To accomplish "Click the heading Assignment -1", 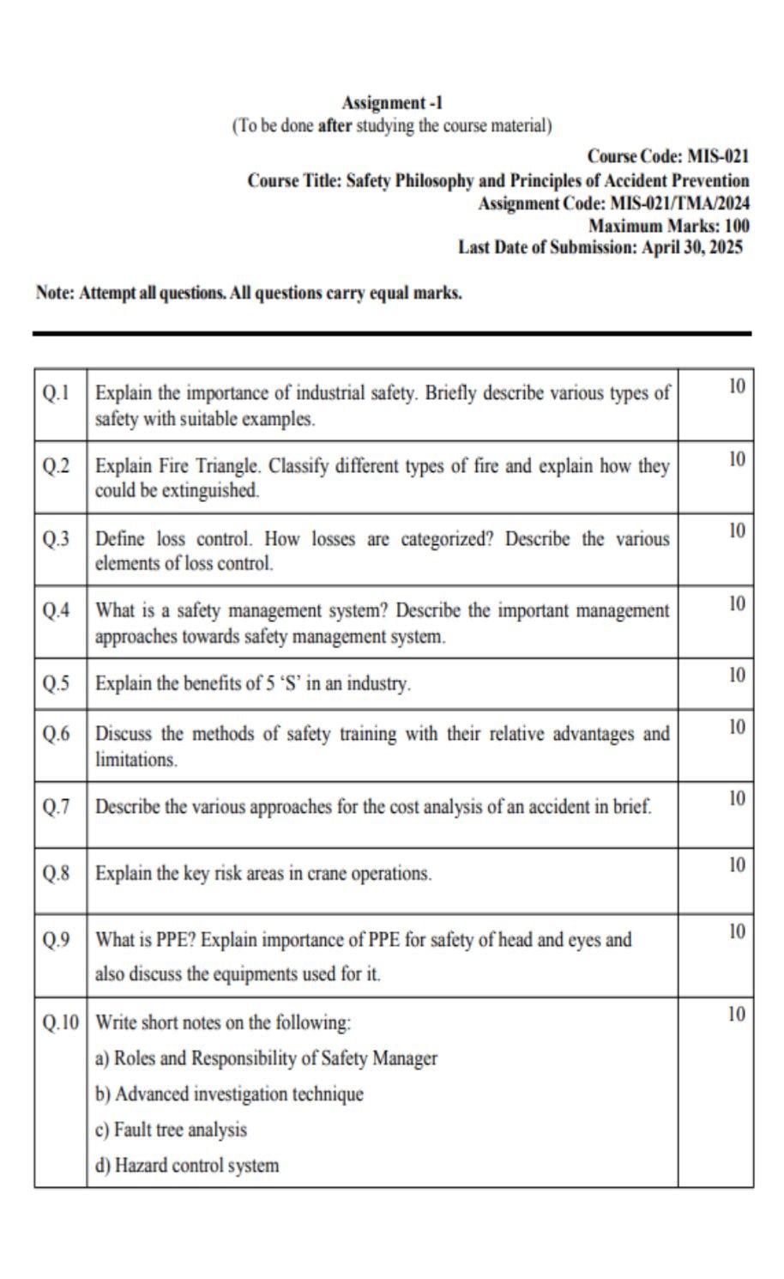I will click(x=392, y=103).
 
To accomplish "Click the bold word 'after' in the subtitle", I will click(x=335, y=126).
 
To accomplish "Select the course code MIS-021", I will click(x=718, y=156).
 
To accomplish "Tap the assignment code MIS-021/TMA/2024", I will click(x=679, y=203).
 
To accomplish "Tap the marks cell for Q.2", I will click(x=737, y=458).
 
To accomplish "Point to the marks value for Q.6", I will click(x=737, y=727).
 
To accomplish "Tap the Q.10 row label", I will click(x=60, y=1022).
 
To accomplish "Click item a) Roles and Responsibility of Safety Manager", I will click(x=266, y=1058).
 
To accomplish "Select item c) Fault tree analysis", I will click(x=171, y=1130).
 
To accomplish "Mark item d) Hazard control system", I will click(x=187, y=1166).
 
